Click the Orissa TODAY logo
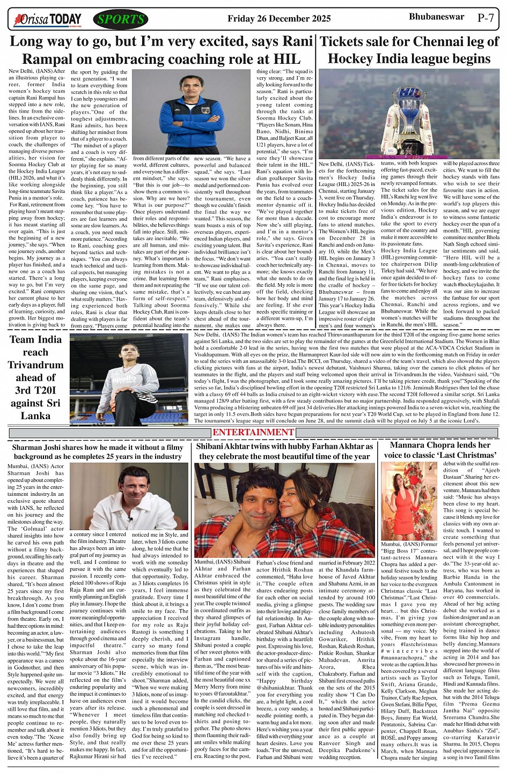click(48, 20)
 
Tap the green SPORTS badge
click(121, 20)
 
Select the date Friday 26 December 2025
click(279, 19)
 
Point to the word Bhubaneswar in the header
click(436, 17)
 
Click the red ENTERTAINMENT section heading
click(253, 433)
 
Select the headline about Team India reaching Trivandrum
click(35, 377)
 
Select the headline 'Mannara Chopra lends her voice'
click(439, 450)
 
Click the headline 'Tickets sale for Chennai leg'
click(409, 50)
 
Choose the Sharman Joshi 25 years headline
click(97, 451)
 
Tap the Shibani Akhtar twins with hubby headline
click(284, 451)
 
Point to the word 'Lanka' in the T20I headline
click(35, 415)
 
